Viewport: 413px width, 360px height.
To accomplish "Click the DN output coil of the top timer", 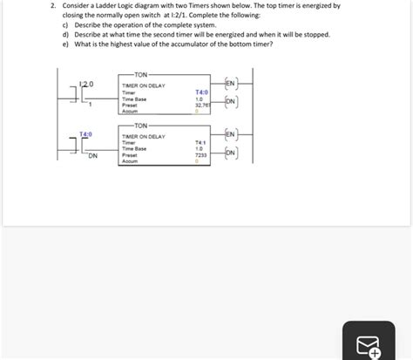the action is point(230,101).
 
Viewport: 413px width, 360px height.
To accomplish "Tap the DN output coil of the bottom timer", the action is point(230,153).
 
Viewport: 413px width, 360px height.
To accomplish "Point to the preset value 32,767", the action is point(200,105).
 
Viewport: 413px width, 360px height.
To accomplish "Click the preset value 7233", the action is point(200,154).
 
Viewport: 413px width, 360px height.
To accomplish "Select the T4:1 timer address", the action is point(200,143).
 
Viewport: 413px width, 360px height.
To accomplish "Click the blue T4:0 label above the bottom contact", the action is point(85,134).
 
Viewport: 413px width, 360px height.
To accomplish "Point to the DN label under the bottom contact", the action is point(93,157).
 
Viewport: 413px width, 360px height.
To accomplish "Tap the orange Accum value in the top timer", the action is point(199,112).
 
